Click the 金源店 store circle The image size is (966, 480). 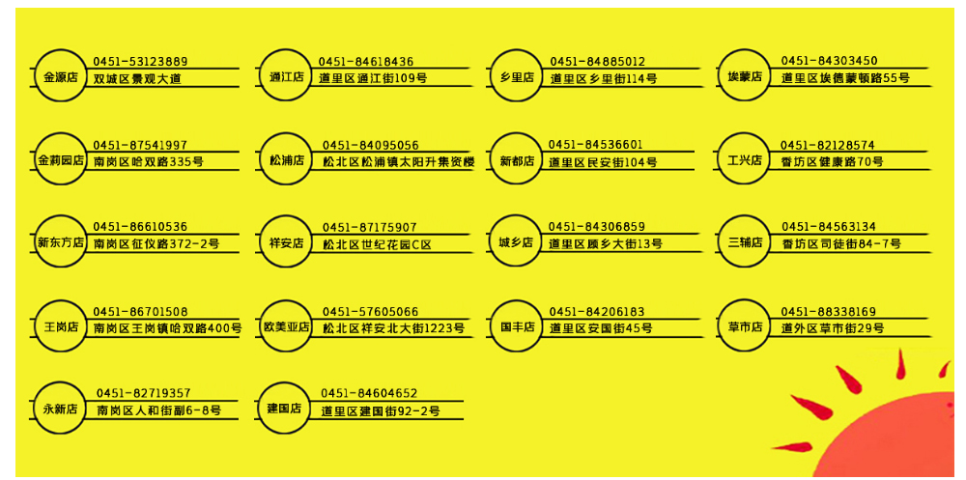pyautogui.click(x=57, y=76)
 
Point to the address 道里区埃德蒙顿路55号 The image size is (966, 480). pyautogui.click(x=845, y=78)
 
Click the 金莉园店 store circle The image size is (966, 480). pyautogui.click(x=59, y=159)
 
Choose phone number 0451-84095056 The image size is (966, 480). pyautogui.click(x=371, y=145)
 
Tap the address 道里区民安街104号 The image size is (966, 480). pyautogui.click(x=603, y=162)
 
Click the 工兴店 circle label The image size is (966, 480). pyautogui.click(x=744, y=159)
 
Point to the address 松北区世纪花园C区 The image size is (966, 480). pyautogui.click(x=377, y=245)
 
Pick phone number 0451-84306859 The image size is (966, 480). pyautogui.click(x=597, y=227)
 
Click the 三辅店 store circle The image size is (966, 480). pyautogui.click(x=745, y=241)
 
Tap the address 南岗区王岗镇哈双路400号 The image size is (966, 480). pyautogui.click(x=167, y=329)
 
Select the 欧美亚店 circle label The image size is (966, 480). pyautogui.click(x=286, y=326)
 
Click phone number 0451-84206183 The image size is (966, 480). pyautogui.click(x=597, y=312)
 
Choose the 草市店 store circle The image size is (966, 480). pyautogui.click(x=745, y=326)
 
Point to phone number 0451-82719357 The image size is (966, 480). pyautogui.click(x=143, y=393)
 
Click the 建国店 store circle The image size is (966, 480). pyautogui.click(x=284, y=409)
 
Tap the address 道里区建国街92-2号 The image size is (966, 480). pyautogui.click(x=380, y=411)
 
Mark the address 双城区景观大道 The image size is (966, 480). pyautogui.click(x=137, y=78)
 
